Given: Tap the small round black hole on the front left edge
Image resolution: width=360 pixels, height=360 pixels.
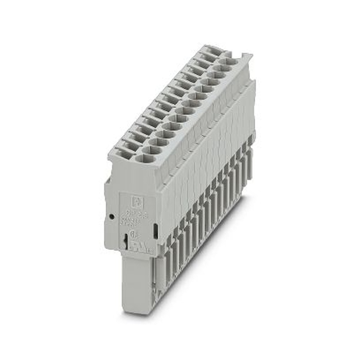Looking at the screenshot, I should tap(112, 216).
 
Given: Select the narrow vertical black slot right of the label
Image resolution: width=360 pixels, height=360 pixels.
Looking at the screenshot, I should tap(155, 231).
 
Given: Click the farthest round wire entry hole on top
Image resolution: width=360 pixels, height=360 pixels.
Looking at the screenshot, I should tap(230, 62).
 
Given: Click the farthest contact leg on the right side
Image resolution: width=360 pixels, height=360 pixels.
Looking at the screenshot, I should tap(249, 162).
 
